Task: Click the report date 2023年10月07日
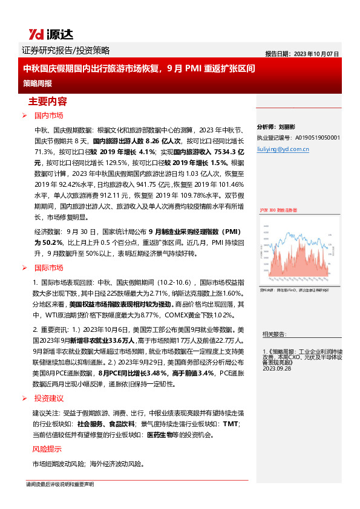tap(303, 53)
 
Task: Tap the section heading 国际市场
tap(48, 267)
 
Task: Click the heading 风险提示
tap(47, 449)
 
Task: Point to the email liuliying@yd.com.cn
tap(283, 148)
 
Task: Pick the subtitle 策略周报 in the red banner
tap(37, 82)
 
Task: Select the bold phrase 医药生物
tap(159, 435)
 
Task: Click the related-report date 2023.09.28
tap(278, 368)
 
